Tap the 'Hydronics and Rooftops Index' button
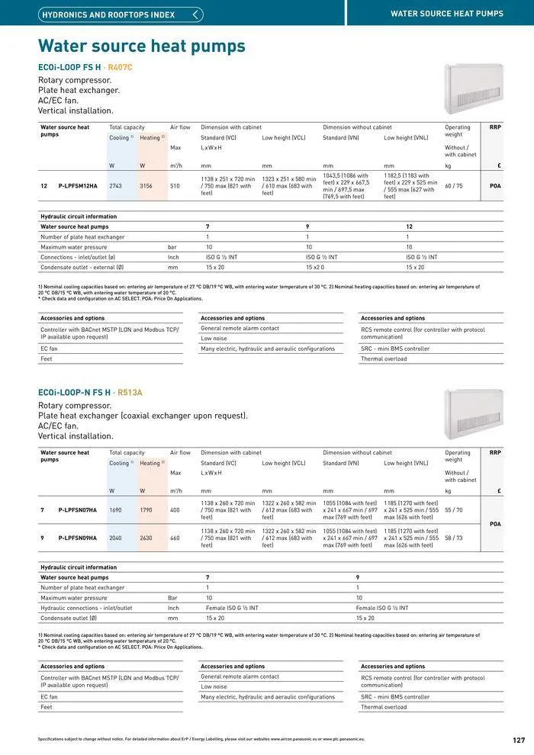[121, 14]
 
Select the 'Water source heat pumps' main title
[142, 47]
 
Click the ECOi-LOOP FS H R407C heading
[85, 68]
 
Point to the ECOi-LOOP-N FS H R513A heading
[90, 393]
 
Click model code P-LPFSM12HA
[78, 186]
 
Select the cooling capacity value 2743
[115, 186]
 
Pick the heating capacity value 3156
[146, 186]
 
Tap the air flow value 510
[175, 186]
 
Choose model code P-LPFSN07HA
[78, 509]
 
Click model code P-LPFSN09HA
[78, 538]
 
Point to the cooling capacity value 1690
[115, 509]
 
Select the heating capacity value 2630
[146, 538]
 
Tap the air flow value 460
[175, 538]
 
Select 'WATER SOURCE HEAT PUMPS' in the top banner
[446, 14]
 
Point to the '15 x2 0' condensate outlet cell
[315, 268]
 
